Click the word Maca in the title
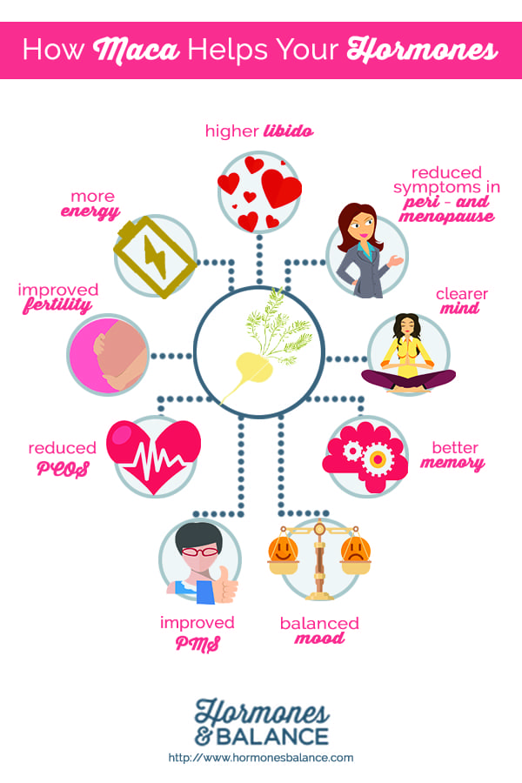point(136,50)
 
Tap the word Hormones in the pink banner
point(422,50)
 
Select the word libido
point(289,130)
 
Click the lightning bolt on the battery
point(156,256)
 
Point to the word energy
point(90,212)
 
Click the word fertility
point(57,305)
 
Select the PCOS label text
point(63,469)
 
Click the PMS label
point(197,643)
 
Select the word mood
point(319,639)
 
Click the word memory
point(452,463)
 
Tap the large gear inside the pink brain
point(378,458)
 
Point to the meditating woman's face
point(408,328)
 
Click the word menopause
point(446,217)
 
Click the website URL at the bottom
point(261,758)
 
